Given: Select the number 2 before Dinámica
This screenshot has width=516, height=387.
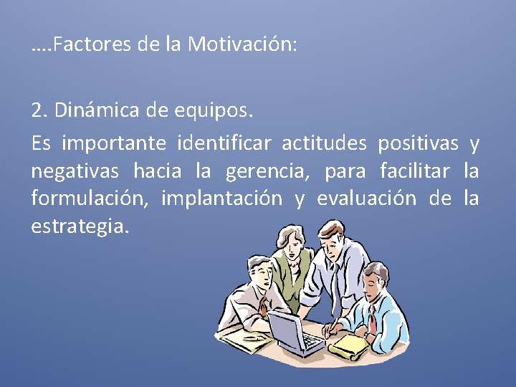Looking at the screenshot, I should pos(37,112).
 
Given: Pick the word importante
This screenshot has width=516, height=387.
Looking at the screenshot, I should pos(114,144).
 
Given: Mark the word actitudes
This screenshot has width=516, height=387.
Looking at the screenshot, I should pos(325,144).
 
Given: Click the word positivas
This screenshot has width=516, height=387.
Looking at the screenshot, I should pos(418,144).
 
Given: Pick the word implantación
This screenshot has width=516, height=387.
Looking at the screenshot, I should pos(221,199).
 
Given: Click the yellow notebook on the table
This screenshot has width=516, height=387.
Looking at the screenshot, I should pos(349,347).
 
